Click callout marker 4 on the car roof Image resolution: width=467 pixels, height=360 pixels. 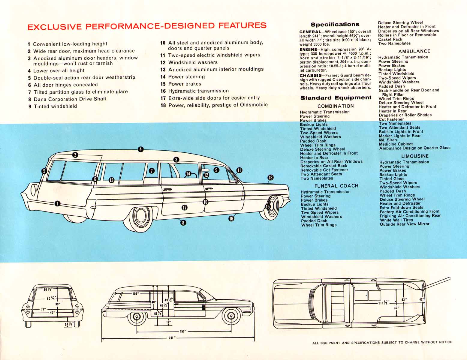pos(140,149)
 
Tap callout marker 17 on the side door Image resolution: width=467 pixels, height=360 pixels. pos(185,207)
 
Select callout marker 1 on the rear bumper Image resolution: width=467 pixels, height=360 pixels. pos(57,204)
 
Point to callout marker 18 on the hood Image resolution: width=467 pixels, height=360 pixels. pos(270,178)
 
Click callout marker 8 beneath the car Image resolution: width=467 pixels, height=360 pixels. pos(183,223)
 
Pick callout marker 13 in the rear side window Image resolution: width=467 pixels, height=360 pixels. pos(111,180)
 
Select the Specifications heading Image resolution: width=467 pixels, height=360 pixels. pos(335,25)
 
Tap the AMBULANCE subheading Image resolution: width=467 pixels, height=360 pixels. pos(414,51)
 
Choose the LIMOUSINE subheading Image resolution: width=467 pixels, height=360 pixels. pos(415,156)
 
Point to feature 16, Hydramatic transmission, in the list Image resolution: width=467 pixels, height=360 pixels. pos(198,91)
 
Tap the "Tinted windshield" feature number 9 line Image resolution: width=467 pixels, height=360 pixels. pos(55,106)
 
